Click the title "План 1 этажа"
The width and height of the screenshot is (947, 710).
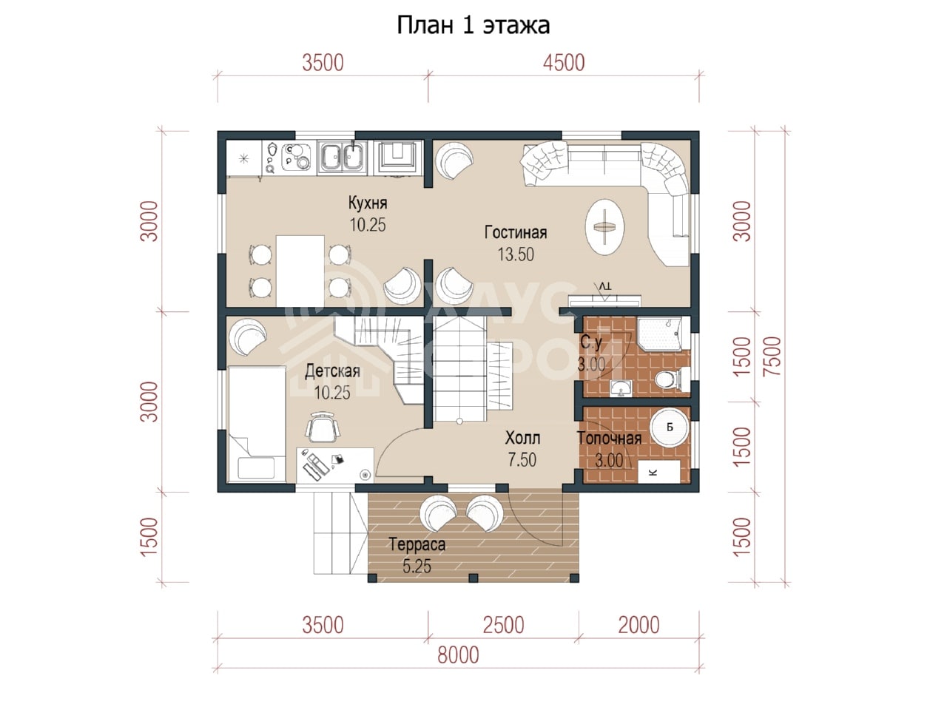(473, 25)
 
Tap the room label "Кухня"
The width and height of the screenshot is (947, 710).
(368, 203)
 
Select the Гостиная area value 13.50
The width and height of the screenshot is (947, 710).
(516, 254)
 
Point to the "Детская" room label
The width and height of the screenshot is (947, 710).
(332, 371)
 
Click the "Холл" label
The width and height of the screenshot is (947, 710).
(522, 438)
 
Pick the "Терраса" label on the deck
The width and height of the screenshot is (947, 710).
(417, 544)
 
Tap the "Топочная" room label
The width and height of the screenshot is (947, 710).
(609, 439)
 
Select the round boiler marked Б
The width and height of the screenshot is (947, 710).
(669, 427)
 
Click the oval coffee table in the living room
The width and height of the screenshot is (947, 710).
(605, 226)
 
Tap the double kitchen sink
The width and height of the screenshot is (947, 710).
(342, 158)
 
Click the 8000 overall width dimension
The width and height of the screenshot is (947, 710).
(458, 655)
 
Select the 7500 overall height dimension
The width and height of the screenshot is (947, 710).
(772, 356)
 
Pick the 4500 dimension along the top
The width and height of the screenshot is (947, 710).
(564, 63)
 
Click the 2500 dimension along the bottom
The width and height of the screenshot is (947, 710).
(503, 625)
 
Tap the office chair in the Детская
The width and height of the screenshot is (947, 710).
(323, 427)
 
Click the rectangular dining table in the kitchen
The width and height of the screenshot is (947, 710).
(300, 271)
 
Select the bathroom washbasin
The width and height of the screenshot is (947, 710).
(621, 388)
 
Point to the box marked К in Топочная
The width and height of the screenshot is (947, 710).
(658, 471)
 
